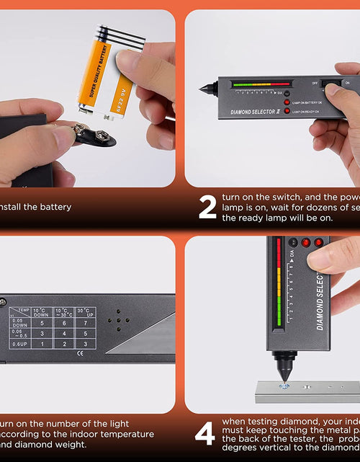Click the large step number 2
(x=207, y=207)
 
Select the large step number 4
(x=205, y=435)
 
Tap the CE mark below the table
(x=86, y=353)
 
